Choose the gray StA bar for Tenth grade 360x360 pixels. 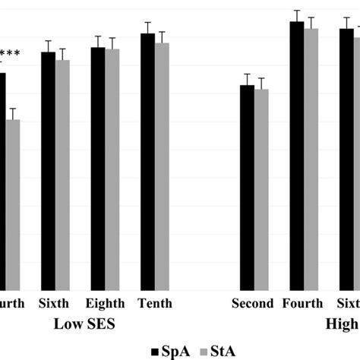[162, 166]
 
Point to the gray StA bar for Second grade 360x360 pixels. [261, 190]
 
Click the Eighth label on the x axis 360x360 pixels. [106, 304]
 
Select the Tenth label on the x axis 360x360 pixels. [155, 304]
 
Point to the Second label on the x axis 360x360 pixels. [253, 304]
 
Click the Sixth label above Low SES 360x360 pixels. [55, 304]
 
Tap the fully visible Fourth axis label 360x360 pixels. [303, 304]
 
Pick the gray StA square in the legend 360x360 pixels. [204, 350]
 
